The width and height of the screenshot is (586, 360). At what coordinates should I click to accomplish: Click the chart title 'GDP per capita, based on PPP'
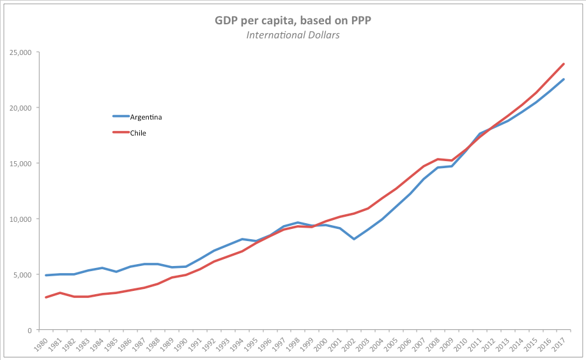point(293,21)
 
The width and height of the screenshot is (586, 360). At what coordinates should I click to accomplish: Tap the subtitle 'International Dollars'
point(293,35)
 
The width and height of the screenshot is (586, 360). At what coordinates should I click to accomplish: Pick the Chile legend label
point(139,133)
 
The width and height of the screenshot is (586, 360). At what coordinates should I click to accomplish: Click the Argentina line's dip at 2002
point(354,239)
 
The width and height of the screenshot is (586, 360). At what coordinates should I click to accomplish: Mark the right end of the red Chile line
point(564,63)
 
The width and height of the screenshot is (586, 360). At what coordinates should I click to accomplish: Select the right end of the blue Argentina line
point(564,79)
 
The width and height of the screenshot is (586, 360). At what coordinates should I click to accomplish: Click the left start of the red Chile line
point(46,297)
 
